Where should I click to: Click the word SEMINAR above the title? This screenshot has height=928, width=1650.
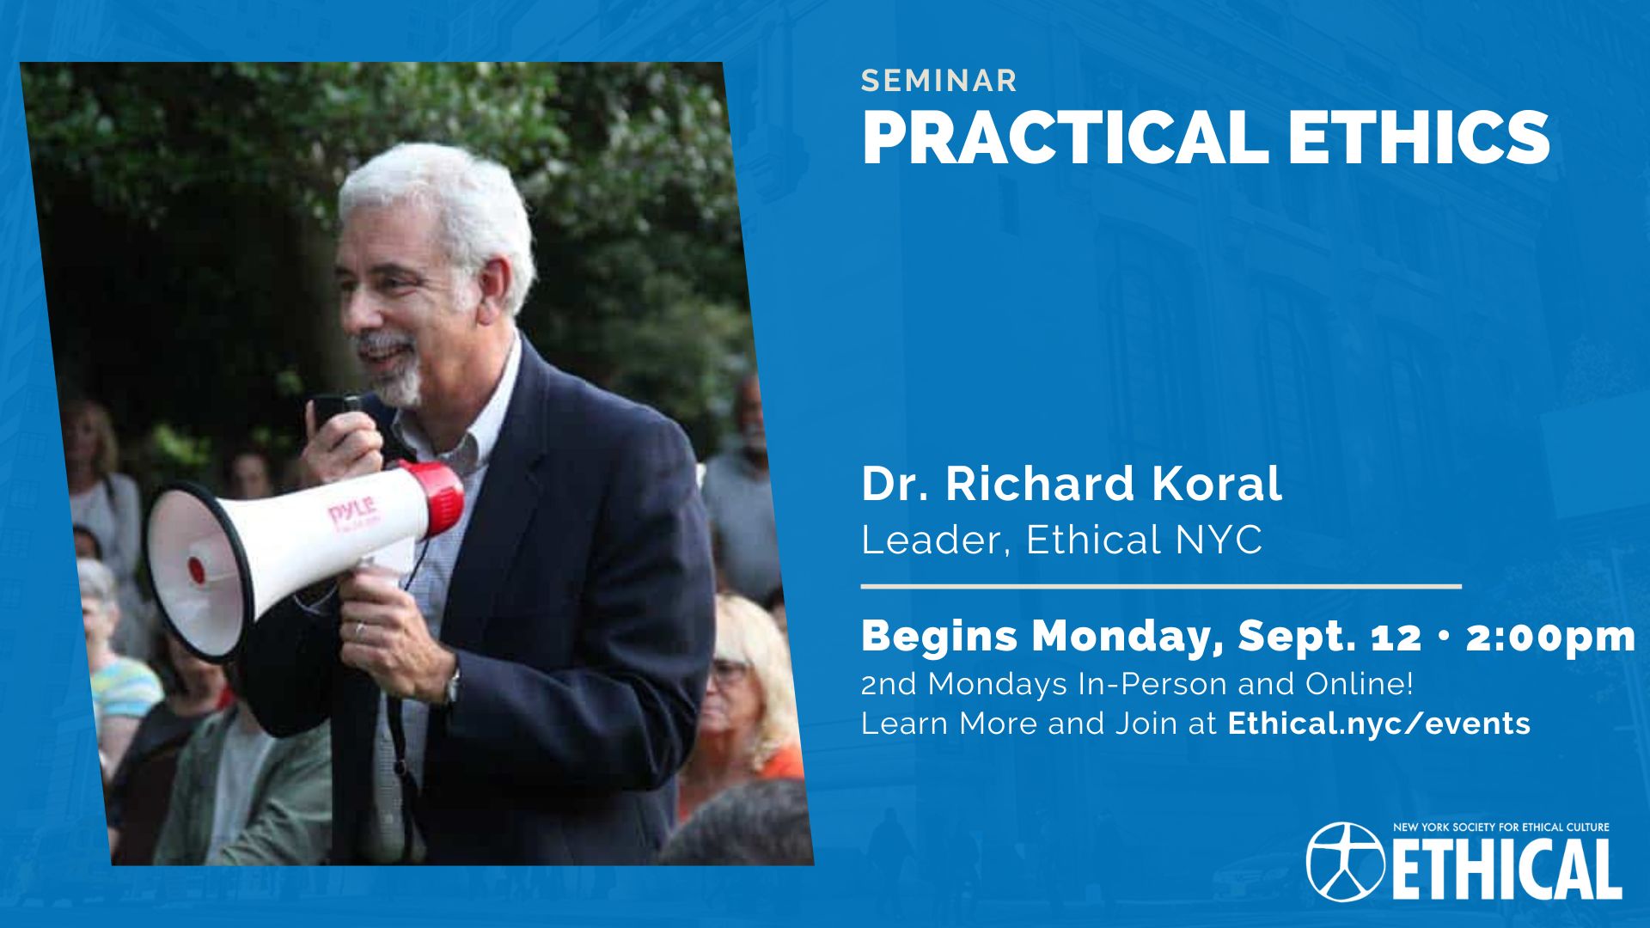click(939, 81)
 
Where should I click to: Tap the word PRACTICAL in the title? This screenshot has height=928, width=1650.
click(1065, 137)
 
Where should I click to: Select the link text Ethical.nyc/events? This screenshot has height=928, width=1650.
click(1379, 723)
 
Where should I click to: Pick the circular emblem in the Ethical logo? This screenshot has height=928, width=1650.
click(1345, 862)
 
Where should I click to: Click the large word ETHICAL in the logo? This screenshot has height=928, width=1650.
click(1506, 870)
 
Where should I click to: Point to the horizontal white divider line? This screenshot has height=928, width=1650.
click(1161, 587)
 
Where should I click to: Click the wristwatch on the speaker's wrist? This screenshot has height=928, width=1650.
click(452, 685)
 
